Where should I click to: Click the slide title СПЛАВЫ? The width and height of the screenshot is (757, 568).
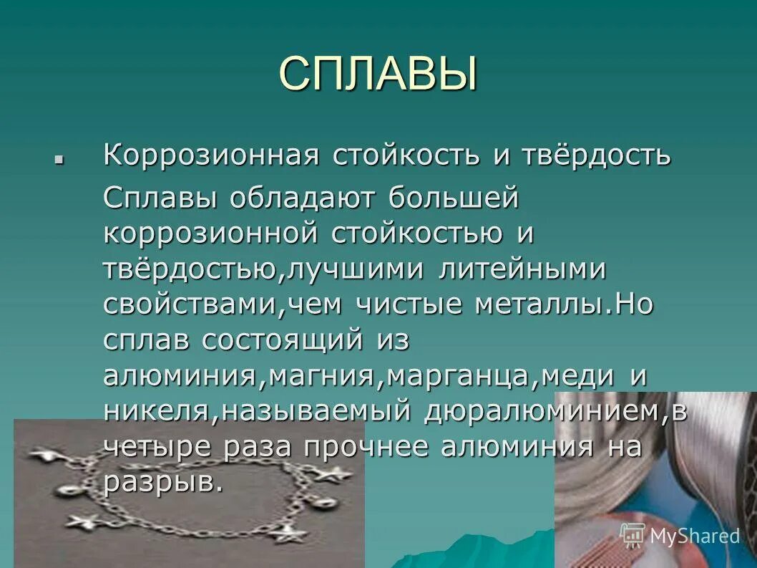coord(378,73)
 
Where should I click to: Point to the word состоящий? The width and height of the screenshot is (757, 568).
coord(283,340)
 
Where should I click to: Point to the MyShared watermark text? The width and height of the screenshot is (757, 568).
coord(693,536)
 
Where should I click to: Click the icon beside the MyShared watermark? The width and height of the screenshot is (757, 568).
coord(632,535)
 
